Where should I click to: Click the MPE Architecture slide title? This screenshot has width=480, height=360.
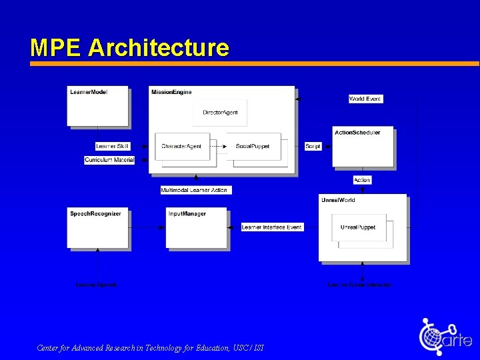point(129,48)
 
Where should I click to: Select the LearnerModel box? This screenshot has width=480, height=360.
point(97,106)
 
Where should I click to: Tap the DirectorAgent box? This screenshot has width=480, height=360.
point(220,113)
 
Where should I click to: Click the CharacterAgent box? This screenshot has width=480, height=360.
point(181,146)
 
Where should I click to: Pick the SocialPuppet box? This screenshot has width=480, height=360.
point(253,146)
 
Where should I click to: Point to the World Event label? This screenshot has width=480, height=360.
point(365,99)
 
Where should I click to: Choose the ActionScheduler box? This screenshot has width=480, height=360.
point(363,147)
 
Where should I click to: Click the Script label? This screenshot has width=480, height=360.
point(313,146)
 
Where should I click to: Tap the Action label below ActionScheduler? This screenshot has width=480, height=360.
point(362,180)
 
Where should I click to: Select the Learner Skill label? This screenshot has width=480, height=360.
point(113,146)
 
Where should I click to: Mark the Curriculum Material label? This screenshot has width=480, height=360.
point(109,160)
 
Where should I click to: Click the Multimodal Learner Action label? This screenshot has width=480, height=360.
point(195,190)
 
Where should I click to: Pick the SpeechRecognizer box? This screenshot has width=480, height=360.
point(97,229)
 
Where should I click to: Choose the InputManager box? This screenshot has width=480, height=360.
point(197,229)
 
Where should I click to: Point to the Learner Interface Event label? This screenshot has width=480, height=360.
point(272,227)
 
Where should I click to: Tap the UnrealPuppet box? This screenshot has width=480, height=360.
point(358,227)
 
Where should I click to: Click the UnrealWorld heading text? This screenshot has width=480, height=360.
point(339,200)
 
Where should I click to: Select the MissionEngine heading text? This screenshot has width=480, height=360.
point(171,91)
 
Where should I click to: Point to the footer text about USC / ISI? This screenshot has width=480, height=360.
point(150,348)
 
